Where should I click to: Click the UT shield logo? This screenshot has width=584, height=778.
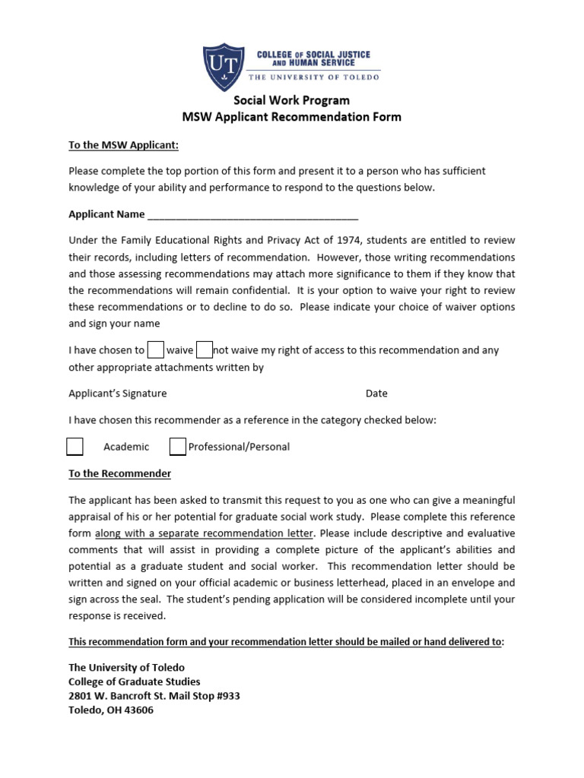(x=224, y=65)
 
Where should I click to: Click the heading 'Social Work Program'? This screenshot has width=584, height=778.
(x=291, y=100)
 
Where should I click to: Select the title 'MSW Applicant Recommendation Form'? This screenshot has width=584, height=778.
(x=291, y=117)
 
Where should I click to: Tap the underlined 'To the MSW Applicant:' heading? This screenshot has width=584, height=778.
(x=123, y=144)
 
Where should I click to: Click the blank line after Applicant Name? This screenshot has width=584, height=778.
(x=252, y=215)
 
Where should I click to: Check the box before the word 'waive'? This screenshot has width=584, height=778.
(x=156, y=350)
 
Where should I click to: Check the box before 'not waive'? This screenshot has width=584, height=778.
(x=204, y=350)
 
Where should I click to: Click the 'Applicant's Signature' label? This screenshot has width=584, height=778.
(x=118, y=394)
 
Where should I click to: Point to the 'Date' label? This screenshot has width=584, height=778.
(x=376, y=394)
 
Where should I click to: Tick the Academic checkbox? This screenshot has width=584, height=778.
(x=75, y=447)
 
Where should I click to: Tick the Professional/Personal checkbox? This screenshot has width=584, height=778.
(x=177, y=447)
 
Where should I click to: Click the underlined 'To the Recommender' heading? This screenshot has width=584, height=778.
(x=119, y=473)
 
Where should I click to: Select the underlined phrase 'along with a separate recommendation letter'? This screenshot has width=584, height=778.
(x=204, y=533)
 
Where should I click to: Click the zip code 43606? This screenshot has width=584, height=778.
(x=138, y=710)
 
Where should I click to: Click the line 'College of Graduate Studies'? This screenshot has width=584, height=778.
(x=135, y=682)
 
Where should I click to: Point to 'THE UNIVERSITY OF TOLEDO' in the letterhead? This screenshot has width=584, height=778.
(x=314, y=76)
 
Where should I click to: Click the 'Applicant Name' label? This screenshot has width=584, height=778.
(x=106, y=214)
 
